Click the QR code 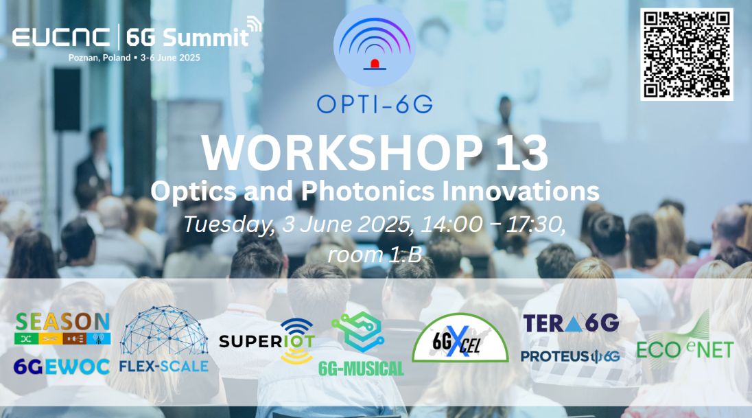tap(686, 54)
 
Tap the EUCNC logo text tap(61, 38)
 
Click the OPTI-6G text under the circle tap(375, 104)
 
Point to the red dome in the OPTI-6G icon tap(375, 64)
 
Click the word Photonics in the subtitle tap(367, 191)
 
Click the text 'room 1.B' tap(375, 255)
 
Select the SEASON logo tap(62, 328)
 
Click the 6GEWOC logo tap(61, 367)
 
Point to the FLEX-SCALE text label tap(163, 367)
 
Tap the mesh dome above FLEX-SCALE tap(163, 331)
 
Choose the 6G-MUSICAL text tap(361, 369)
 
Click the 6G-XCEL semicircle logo tap(460, 338)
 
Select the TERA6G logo tap(571, 323)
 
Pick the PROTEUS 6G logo tap(570, 356)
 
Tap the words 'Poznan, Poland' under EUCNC tap(99, 58)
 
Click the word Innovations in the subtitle tap(520, 191)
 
